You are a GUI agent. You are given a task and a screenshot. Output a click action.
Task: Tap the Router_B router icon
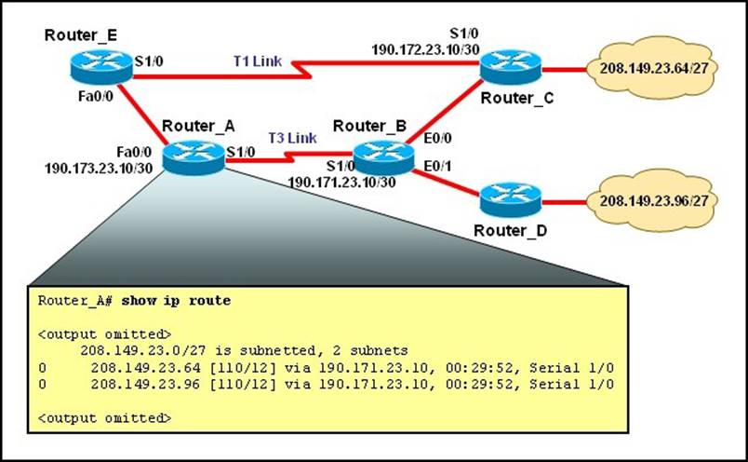click(383, 154)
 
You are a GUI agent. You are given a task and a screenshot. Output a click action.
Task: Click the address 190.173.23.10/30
click(93, 170)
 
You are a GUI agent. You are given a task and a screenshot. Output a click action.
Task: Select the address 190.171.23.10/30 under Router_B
click(341, 182)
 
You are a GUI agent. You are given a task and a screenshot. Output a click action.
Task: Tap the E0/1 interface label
click(439, 167)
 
